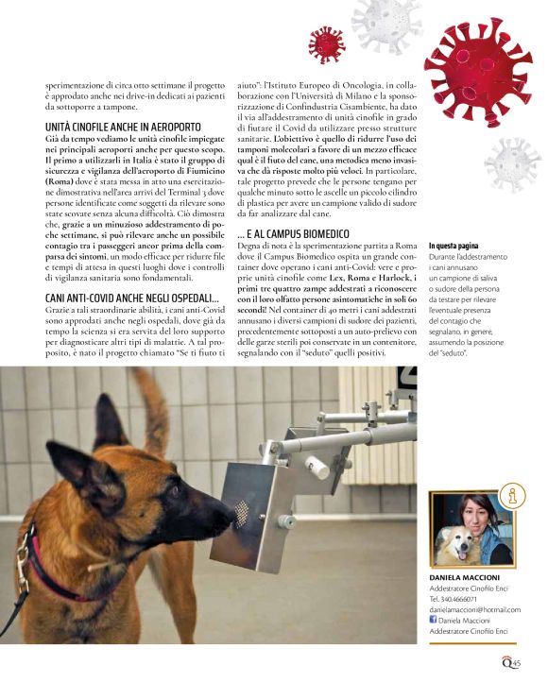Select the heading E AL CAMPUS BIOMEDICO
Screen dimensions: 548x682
pos(293,232)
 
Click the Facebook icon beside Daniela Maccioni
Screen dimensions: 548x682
pos(434,619)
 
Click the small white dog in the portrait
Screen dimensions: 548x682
pos(451,544)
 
